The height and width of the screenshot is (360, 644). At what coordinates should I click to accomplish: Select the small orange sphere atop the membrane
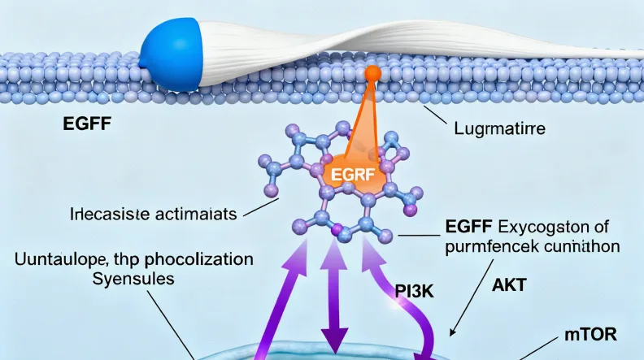tap(372, 74)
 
